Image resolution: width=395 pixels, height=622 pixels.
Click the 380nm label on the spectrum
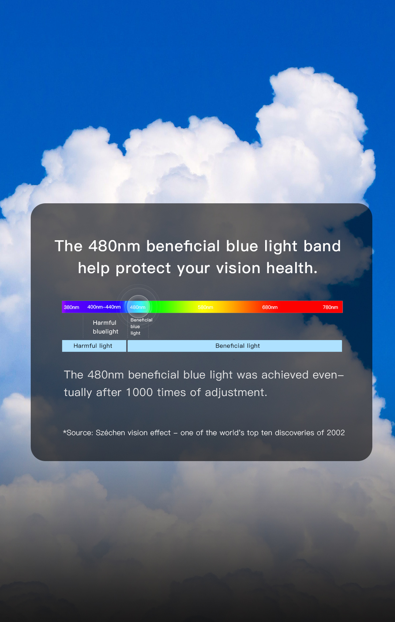(x=71, y=307)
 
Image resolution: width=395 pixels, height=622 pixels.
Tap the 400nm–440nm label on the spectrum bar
(x=104, y=307)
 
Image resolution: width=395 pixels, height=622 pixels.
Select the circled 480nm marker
(x=138, y=307)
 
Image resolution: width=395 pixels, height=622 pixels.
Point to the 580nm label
(x=206, y=307)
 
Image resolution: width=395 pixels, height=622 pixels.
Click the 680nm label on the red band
(x=270, y=307)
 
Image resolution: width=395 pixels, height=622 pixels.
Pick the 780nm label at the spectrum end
(x=330, y=307)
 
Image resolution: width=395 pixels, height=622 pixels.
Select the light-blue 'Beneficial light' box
(x=235, y=346)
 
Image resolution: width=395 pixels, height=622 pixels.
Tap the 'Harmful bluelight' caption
(x=106, y=327)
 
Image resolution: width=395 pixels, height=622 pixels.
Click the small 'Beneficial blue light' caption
(x=142, y=327)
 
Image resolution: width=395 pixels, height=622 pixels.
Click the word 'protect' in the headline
(x=143, y=268)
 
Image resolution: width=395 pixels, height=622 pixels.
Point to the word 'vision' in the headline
(x=238, y=268)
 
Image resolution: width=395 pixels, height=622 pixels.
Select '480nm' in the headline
(x=114, y=246)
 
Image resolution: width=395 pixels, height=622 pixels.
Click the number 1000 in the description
(x=139, y=392)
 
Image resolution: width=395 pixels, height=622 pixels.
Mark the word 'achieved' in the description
(x=285, y=375)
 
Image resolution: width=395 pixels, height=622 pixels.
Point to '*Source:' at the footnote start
(x=78, y=433)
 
